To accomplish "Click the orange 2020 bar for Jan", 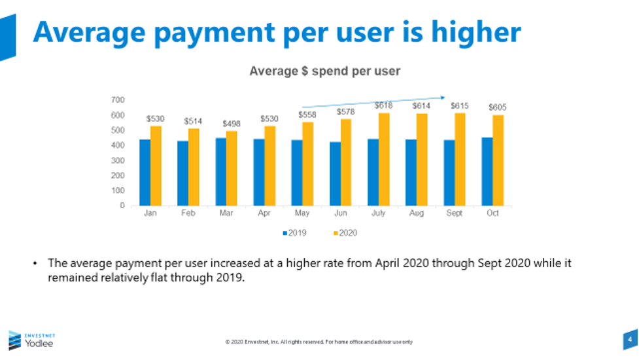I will click(x=156, y=166).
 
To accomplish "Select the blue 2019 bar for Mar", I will click(x=221, y=171).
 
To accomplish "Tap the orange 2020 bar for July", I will click(x=384, y=159).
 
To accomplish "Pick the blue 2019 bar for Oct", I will click(x=487, y=171).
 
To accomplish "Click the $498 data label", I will click(x=232, y=124).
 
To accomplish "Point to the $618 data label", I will click(x=384, y=105).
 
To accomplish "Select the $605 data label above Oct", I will click(x=498, y=107).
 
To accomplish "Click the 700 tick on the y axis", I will click(x=118, y=100).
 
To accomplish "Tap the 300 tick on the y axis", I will click(x=118, y=160).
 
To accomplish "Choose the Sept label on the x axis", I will click(x=455, y=214).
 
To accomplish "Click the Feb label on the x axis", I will click(x=188, y=214).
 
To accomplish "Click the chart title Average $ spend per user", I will click(x=324, y=71).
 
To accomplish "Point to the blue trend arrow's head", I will click(x=446, y=98).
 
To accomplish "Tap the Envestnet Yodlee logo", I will click(x=31, y=340).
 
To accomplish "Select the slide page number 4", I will click(x=629, y=340).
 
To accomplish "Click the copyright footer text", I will click(x=319, y=342).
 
